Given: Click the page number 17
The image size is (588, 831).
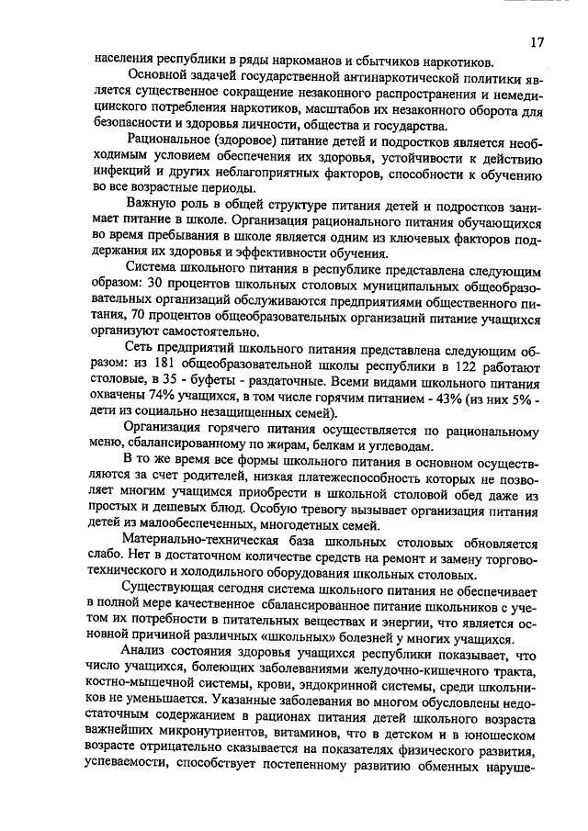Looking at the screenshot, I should (537, 42).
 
